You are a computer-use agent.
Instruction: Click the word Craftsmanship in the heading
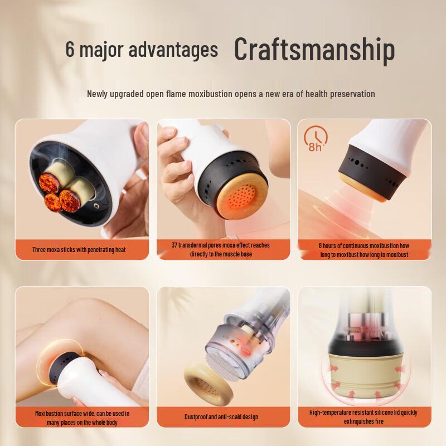314,49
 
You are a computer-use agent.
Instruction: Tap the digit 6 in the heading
70,49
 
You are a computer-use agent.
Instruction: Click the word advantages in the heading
173,49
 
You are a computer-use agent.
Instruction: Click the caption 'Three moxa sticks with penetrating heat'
79,249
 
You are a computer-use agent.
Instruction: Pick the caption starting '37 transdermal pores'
223,249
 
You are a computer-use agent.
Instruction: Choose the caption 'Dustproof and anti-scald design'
221,416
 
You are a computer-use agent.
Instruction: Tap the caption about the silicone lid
363,416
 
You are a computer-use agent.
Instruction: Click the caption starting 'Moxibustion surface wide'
82,417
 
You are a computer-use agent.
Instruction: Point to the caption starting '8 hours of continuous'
363,250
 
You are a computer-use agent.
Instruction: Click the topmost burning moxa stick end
50,181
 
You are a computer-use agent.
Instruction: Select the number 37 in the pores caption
174,245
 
